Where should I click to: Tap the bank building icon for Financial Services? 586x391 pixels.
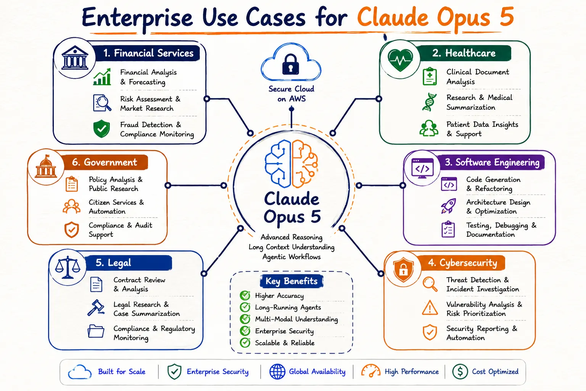75,58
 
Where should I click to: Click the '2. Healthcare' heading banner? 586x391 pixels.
464,53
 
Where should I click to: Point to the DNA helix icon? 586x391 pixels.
429,102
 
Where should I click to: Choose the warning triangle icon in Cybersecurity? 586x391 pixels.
430,307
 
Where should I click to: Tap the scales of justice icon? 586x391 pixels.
68,267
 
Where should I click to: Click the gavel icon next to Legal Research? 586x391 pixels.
96,307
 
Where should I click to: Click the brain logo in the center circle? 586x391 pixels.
291,164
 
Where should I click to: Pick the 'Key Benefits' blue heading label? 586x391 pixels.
291,281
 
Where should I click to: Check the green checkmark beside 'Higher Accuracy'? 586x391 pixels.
245,295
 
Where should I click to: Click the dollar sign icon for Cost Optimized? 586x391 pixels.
460,372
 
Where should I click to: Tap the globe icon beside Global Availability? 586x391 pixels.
277,372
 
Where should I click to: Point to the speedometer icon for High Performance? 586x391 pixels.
371,371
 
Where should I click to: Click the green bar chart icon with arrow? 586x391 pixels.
102,77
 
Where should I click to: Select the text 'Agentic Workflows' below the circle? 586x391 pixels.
291,257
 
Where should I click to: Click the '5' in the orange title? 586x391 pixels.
507,17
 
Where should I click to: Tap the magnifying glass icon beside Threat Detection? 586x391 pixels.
430,284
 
